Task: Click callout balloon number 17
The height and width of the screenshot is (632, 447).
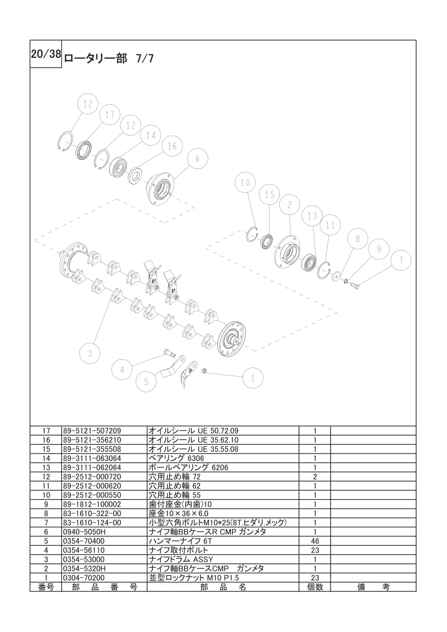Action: click(110, 115)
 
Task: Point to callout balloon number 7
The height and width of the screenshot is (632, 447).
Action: click(401, 261)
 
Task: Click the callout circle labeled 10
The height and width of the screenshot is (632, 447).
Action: click(245, 182)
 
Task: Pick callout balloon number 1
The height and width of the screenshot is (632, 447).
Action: click(253, 379)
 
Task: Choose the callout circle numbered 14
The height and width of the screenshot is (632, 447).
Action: click(150, 136)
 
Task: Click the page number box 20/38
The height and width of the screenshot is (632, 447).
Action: click(46, 55)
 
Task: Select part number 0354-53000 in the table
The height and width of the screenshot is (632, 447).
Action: click(84, 559)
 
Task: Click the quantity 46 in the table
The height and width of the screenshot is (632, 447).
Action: click(315, 541)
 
